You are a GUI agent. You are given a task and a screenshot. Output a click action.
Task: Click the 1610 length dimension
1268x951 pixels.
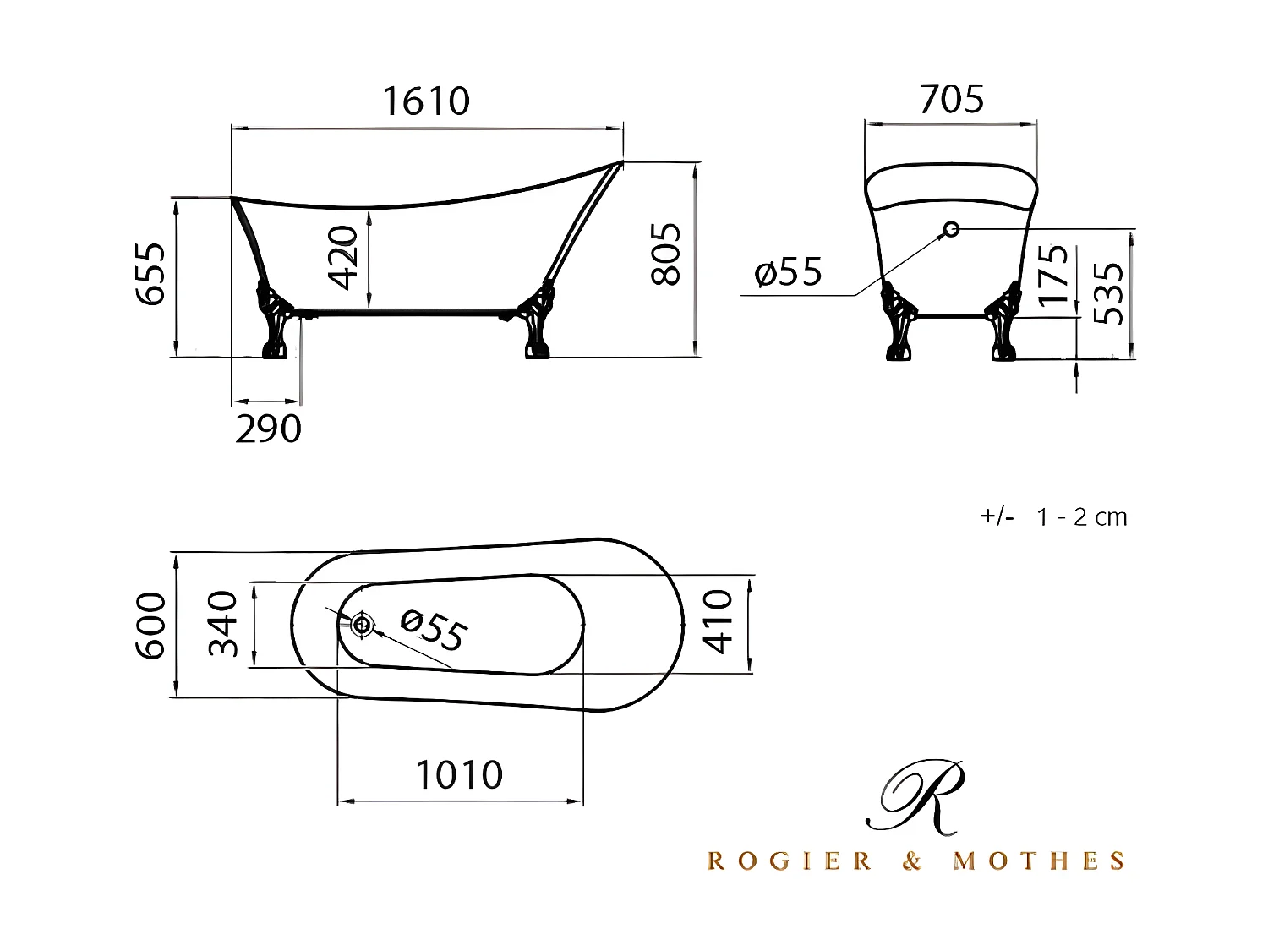coord(426,101)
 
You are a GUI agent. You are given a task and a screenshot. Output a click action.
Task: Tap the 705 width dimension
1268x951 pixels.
coord(951,99)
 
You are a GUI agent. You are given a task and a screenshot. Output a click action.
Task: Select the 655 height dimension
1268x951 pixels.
coord(151,274)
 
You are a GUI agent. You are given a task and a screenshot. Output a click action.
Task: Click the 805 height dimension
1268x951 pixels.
coord(666,254)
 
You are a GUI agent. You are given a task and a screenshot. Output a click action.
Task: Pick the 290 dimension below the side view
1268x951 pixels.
coord(268,429)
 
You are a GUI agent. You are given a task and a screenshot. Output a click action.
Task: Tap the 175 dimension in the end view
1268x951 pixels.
coord(1053,275)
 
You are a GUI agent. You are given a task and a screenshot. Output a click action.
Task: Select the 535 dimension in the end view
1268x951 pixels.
coord(1108,293)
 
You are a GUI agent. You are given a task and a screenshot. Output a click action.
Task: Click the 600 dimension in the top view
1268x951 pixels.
coord(152,626)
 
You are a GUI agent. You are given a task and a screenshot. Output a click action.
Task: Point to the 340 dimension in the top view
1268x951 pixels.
coord(224,624)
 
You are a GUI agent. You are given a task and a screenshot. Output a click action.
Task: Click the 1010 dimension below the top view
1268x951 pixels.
coord(459,775)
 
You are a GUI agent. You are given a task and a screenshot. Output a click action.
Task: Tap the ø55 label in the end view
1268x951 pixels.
coord(788,272)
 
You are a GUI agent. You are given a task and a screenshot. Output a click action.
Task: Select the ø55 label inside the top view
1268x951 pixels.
coord(433,631)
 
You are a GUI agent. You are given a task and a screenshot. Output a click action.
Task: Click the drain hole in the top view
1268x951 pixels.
coord(362,625)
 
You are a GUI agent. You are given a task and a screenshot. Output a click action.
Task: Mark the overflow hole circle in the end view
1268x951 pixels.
coord(951,228)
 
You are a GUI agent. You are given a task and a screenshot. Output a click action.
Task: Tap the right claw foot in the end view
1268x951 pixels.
coord(1004,325)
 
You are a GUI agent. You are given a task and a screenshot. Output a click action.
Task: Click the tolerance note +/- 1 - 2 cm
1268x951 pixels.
coord(1053,517)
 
